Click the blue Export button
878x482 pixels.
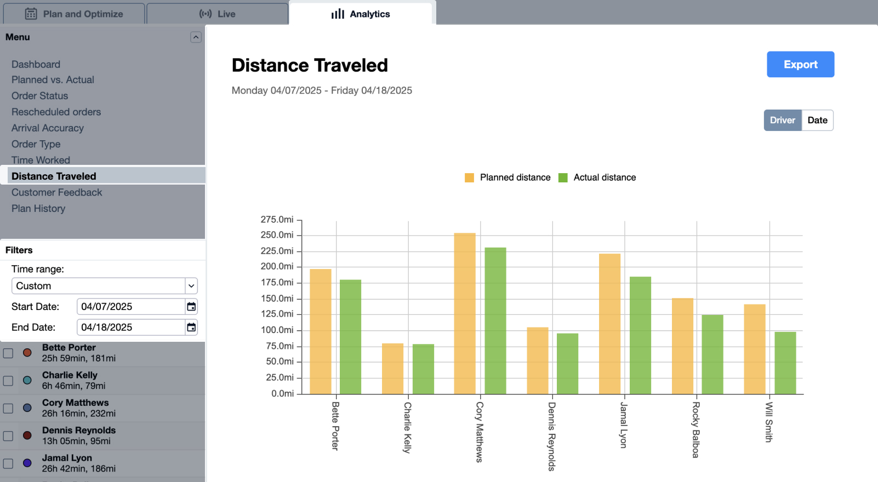(800, 65)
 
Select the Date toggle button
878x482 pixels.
(817, 120)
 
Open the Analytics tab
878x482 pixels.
(361, 14)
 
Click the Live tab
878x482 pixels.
(218, 14)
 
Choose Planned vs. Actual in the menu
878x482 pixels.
(53, 80)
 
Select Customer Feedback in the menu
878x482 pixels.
(57, 192)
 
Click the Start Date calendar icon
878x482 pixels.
(191, 307)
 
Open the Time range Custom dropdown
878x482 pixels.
(104, 286)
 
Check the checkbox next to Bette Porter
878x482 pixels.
(8, 353)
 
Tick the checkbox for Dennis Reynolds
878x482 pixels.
(8, 436)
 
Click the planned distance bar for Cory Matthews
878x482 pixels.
(465, 313)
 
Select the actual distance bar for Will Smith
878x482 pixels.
(785, 363)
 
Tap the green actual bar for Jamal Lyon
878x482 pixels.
(640, 335)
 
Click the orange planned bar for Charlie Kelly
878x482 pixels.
(392, 369)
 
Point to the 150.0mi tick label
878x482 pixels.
(277, 299)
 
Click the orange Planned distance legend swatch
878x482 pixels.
(469, 177)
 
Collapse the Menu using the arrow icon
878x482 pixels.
(196, 37)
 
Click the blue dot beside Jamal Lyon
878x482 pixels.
(27, 463)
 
